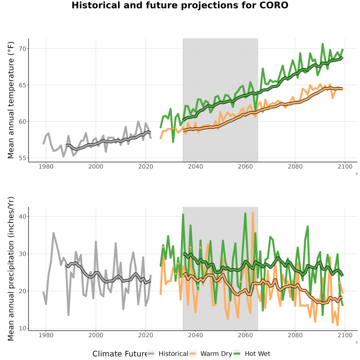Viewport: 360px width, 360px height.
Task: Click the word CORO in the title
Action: tap(274, 5)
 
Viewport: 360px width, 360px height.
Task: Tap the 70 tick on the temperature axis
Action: tap(22, 49)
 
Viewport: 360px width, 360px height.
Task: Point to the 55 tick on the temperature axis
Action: tap(22, 158)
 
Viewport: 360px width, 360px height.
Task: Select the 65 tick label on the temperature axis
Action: tap(22, 85)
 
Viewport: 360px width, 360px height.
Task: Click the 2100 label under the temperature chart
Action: tap(345, 166)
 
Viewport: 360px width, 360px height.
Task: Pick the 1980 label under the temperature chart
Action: tap(46, 166)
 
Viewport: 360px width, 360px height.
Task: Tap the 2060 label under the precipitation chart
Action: tap(245, 335)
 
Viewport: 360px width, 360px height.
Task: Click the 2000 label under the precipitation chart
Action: tap(96, 335)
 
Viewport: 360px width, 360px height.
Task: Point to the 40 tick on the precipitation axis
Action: tap(22, 216)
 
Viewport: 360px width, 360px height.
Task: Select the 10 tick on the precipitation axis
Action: tap(22, 328)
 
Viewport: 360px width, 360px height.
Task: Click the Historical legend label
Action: tap(173, 354)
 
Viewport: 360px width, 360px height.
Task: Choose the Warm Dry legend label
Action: tap(216, 354)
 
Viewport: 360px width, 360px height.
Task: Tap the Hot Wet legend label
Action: tap(257, 354)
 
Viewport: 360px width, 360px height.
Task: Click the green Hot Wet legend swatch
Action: tap(237, 354)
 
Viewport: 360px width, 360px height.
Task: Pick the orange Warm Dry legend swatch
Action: tap(193, 354)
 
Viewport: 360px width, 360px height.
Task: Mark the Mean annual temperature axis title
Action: tap(11, 100)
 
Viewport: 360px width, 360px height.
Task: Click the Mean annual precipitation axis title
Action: tap(11, 269)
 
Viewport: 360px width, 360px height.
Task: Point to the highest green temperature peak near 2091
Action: tap(322, 44)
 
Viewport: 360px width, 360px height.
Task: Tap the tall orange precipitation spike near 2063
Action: tap(253, 213)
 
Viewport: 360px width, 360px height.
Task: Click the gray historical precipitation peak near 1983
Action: tap(54, 233)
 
